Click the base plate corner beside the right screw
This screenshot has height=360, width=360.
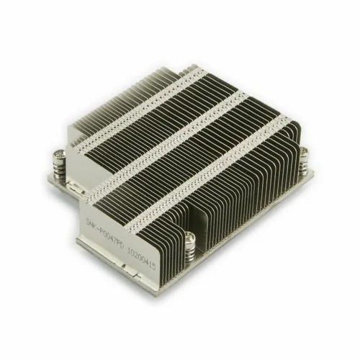(310, 173)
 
